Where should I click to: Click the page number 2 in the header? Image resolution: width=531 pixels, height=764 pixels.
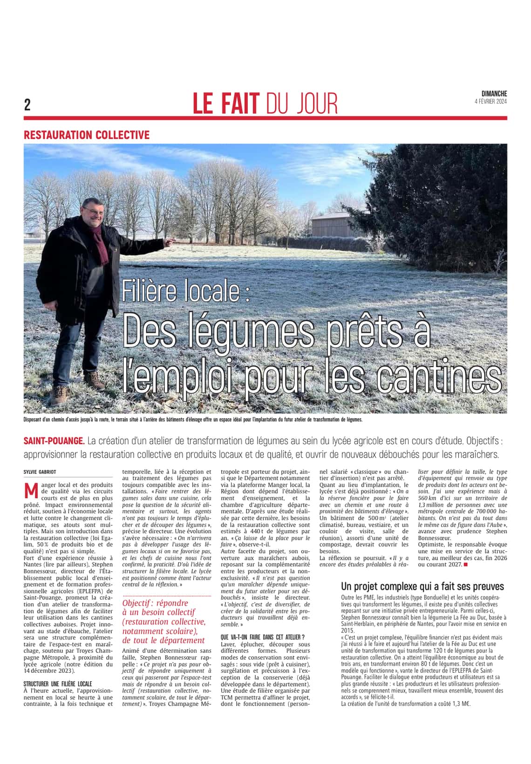tap(27, 105)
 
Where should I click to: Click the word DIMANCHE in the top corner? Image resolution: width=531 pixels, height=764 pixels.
tap(494, 94)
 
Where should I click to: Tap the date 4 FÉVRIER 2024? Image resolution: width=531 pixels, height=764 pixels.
tap(490, 102)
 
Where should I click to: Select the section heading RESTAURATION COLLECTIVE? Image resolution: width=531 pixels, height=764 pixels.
tap(87, 135)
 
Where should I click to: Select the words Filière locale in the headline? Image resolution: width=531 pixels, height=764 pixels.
tap(186, 291)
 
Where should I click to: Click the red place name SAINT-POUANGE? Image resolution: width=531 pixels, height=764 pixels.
tap(54, 441)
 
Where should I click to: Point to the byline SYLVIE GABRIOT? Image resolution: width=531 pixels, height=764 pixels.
tap(40, 472)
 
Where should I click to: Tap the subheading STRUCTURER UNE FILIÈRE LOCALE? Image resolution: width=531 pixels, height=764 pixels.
tap(57, 684)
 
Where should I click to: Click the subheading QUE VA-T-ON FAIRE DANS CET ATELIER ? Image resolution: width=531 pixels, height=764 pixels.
tap(263, 637)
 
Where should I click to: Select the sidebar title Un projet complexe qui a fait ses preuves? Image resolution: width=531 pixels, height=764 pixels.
tap(422, 586)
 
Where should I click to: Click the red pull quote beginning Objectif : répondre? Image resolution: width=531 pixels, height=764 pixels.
tap(163, 621)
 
